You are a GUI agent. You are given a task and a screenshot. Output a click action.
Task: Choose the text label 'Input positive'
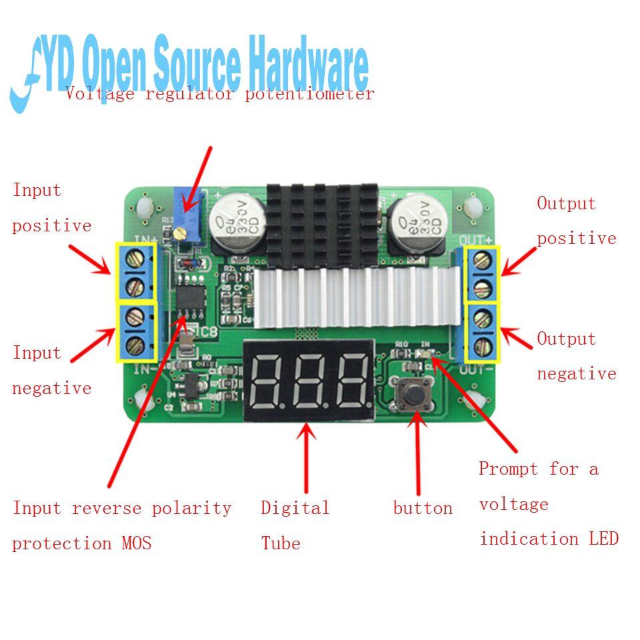click(51, 207)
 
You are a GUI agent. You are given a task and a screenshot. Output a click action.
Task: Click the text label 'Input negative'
click(51, 370)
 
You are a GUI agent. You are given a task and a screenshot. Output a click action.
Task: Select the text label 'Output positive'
click(577, 221)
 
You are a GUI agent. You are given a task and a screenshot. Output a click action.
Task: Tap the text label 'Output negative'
click(577, 356)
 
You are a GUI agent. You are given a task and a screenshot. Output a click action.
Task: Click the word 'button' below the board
click(423, 509)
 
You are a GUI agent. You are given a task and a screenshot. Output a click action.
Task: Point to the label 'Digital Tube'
click(295, 525)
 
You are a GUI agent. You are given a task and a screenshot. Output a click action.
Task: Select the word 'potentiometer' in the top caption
click(309, 94)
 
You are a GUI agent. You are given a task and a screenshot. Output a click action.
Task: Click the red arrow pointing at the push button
click(418, 453)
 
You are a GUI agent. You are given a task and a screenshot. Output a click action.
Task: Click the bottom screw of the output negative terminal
click(485, 345)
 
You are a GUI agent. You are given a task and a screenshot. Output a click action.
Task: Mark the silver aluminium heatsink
click(356, 300)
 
